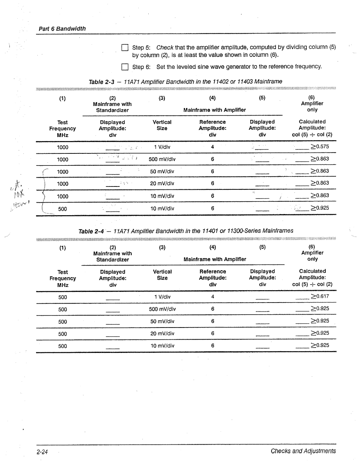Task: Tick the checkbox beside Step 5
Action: (x=125, y=47)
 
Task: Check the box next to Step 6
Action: (x=125, y=67)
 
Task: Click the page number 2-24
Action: (x=43, y=452)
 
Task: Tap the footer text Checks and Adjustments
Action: (x=303, y=451)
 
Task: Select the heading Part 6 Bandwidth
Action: (x=62, y=29)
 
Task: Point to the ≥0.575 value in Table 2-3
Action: (x=320, y=146)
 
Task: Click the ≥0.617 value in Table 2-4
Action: (x=320, y=296)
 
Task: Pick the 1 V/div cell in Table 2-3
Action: (x=162, y=147)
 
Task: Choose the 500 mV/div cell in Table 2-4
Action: (x=162, y=309)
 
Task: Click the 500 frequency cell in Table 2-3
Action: (x=62, y=209)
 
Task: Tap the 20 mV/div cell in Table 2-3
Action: (x=162, y=183)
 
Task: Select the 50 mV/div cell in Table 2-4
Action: (x=162, y=321)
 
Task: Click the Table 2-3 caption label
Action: (x=101, y=82)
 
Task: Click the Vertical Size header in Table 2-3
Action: (x=162, y=125)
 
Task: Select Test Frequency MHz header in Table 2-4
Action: (x=63, y=278)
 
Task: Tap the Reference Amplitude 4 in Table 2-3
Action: (x=212, y=147)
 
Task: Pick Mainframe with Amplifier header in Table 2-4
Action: (x=215, y=259)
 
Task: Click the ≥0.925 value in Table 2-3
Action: (x=320, y=208)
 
